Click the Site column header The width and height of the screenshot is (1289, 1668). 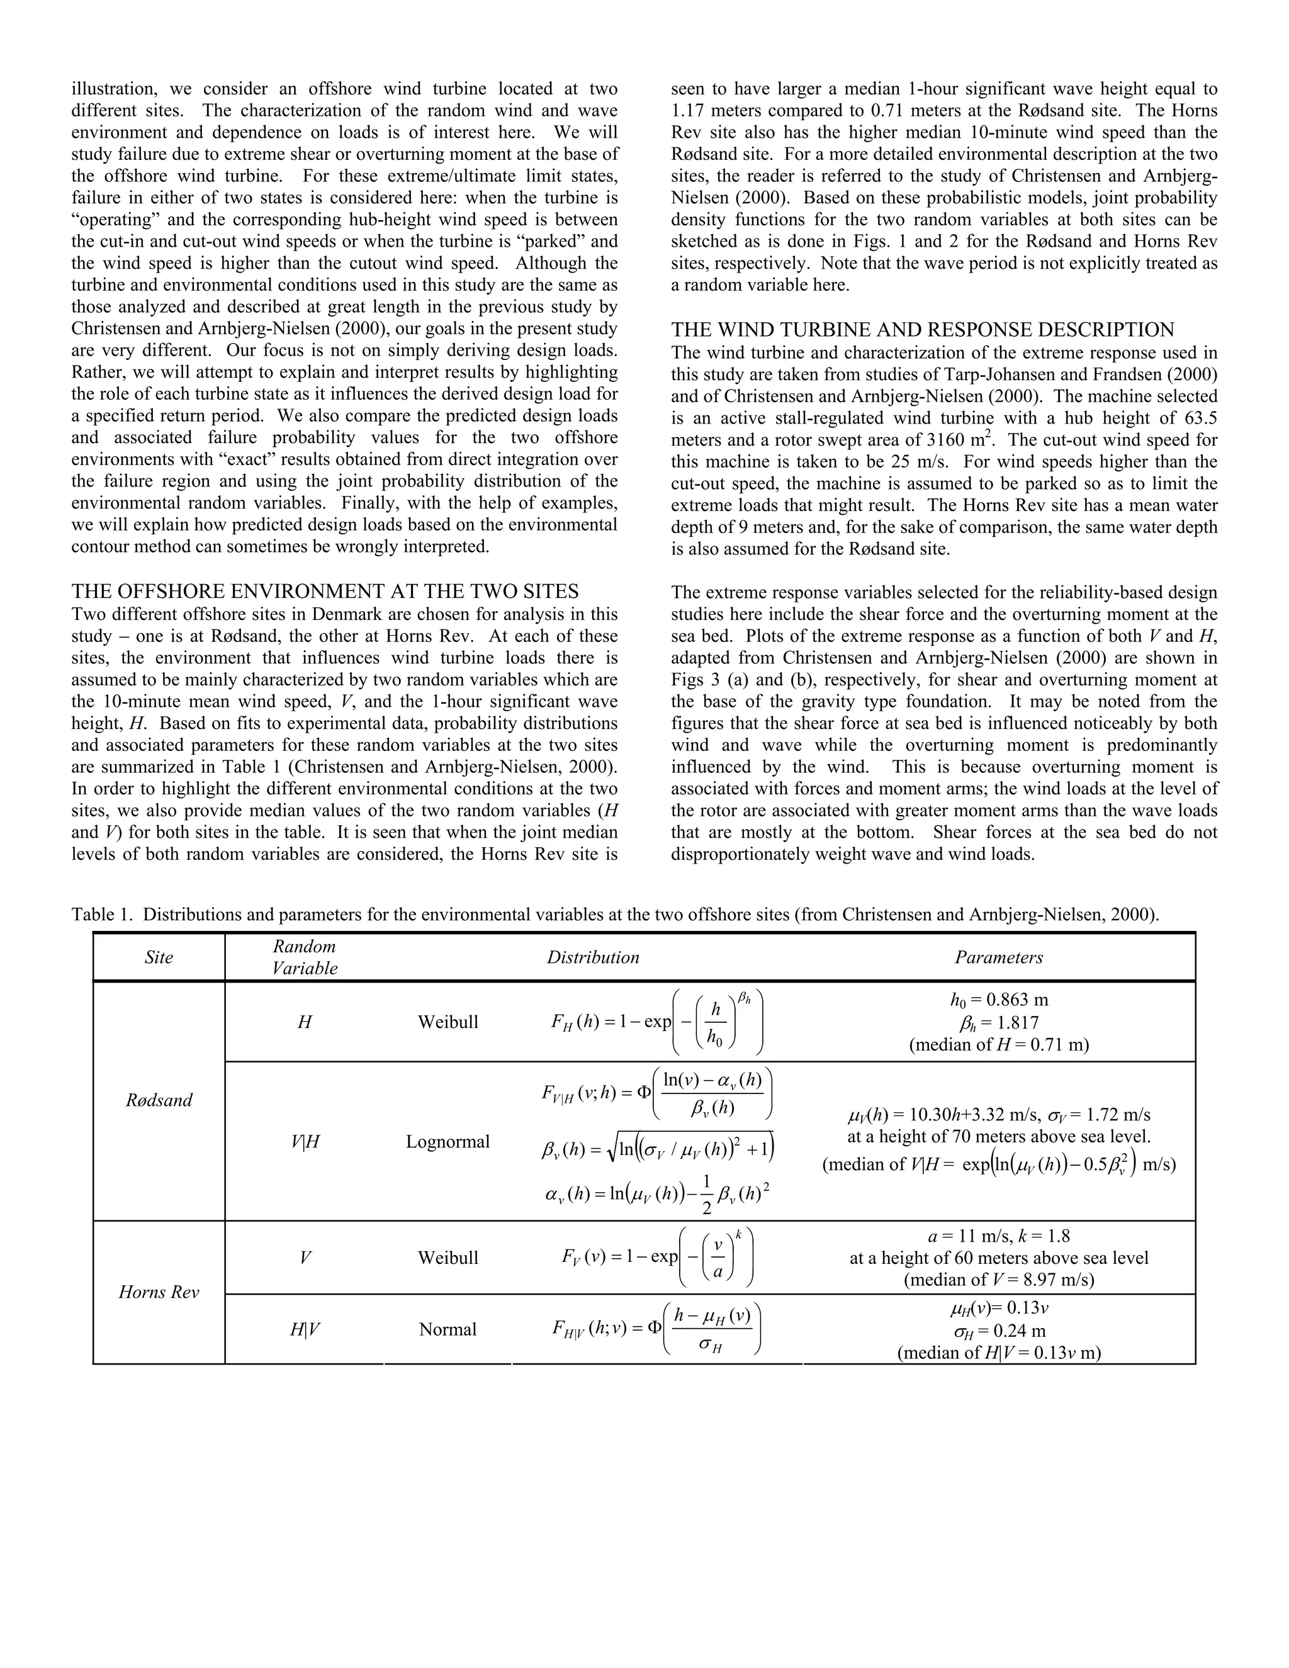click(159, 957)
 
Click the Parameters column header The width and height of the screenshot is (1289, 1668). click(998, 957)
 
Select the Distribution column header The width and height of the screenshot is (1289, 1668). click(592, 957)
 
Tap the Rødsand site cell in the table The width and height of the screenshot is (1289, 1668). click(159, 1100)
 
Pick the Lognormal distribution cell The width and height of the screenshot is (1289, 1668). click(447, 1141)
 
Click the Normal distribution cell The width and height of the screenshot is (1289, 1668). click(447, 1329)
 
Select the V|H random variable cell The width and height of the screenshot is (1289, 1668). click(305, 1142)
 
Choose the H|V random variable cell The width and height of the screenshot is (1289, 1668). click(305, 1329)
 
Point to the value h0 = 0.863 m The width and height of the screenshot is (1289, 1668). click(998, 1000)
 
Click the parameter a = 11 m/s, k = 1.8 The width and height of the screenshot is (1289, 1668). click(998, 1236)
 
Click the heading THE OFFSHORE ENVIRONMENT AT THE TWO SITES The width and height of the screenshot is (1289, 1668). click(325, 591)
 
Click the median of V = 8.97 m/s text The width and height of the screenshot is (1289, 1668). click(998, 1279)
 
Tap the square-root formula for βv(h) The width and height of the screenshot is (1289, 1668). click(656, 1147)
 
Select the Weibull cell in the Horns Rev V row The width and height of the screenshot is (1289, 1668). click(447, 1257)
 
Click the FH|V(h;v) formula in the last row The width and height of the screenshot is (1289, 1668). click(656, 1329)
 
